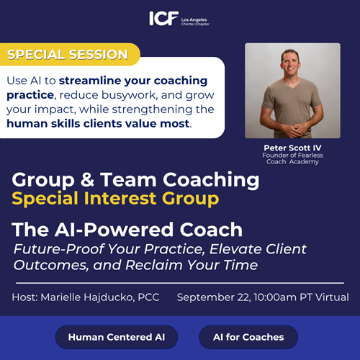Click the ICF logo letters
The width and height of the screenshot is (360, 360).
164,18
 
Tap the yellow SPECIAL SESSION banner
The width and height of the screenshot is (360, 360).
70,54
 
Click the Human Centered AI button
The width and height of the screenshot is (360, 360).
117,337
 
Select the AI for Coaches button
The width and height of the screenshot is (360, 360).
248,337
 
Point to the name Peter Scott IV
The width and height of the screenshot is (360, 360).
292,148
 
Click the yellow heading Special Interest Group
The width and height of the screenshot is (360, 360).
115,199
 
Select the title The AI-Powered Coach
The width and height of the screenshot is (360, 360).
127,230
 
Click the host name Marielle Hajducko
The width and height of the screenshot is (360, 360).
86,297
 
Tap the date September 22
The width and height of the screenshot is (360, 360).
214,297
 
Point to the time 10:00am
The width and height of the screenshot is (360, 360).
275,297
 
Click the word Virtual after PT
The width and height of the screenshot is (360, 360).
332,297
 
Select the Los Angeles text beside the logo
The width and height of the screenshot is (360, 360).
194,19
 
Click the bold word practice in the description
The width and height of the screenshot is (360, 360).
30,95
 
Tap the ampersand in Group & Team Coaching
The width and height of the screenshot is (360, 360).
87,179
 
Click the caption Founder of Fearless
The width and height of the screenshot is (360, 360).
292,156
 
